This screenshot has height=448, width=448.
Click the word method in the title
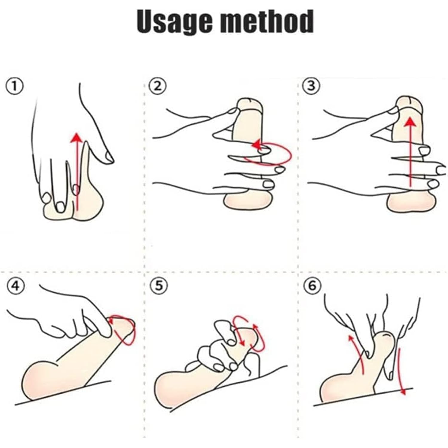click(267, 21)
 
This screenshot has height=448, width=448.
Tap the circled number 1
click(14, 87)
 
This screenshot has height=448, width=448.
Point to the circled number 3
click(312, 86)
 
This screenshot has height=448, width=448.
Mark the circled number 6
click(312, 286)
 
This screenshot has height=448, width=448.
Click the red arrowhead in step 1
click(77, 138)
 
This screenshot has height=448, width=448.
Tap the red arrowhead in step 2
click(256, 145)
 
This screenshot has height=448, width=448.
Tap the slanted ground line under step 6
click(363, 397)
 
